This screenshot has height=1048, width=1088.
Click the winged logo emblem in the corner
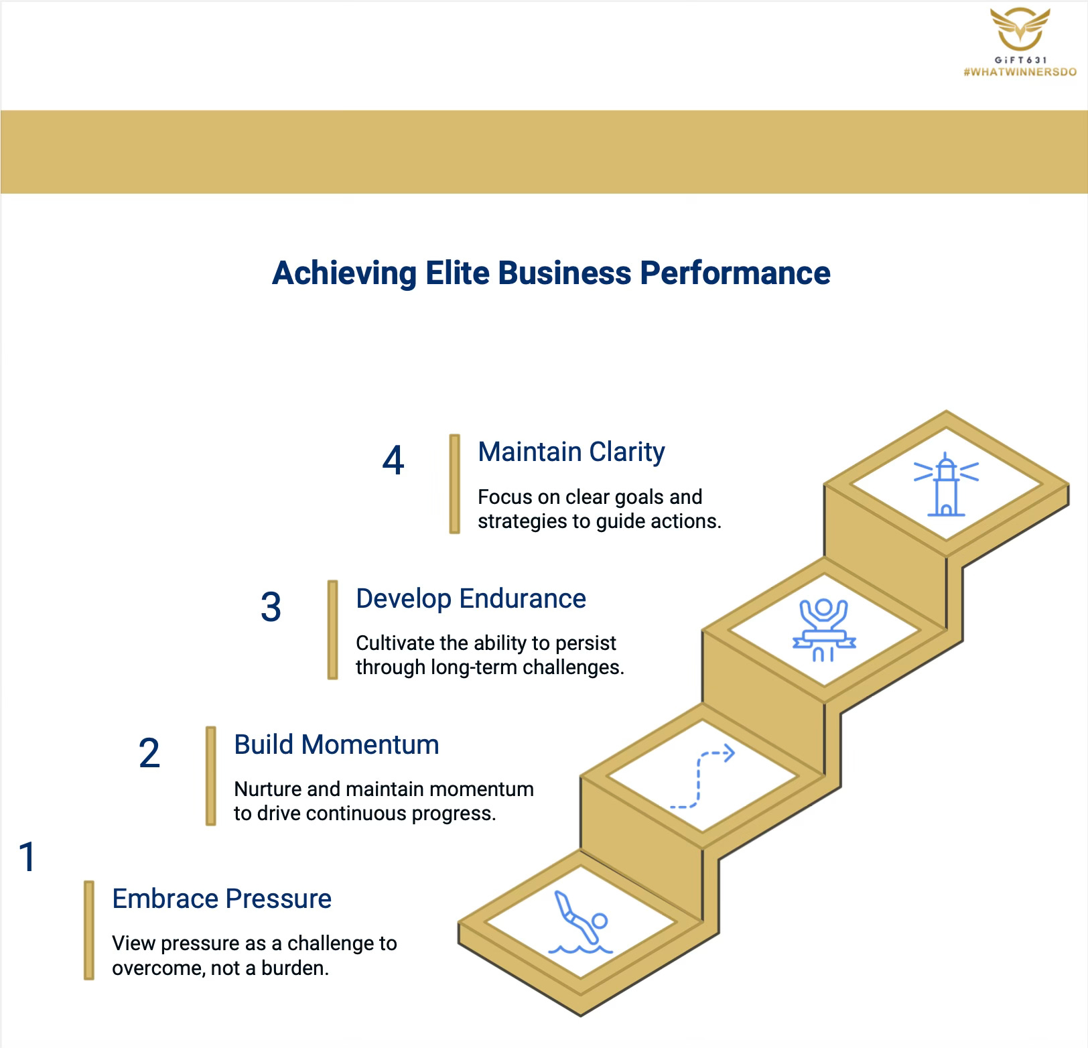tap(1019, 30)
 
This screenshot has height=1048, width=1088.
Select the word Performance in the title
tap(735, 273)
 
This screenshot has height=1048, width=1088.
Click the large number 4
tap(393, 461)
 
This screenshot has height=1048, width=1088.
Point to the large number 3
tap(271, 607)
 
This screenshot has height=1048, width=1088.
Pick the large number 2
tap(149, 753)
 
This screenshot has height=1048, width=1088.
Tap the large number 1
tap(27, 857)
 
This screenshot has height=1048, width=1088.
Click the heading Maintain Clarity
tap(571, 452)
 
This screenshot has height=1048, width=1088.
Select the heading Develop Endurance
tap(470, 598)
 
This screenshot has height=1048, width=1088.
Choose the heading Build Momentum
tap(336, 744)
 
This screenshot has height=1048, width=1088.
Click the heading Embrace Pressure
tap(222, 899)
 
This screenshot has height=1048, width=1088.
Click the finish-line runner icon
tap(823, 630)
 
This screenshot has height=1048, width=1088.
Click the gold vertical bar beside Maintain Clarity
tap(454, 484)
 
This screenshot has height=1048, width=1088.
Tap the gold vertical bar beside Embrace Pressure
tap(89, 930)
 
